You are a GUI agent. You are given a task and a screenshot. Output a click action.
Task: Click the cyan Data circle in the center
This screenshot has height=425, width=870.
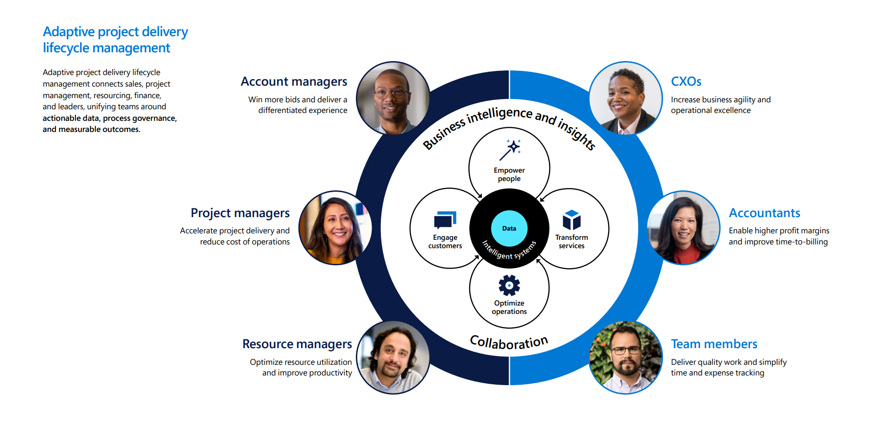(x=509, y=228)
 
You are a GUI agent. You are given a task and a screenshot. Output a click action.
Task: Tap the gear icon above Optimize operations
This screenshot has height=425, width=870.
(x=509, y=285)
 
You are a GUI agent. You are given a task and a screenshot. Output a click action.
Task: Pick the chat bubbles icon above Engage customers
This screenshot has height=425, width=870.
(x=445, y=220)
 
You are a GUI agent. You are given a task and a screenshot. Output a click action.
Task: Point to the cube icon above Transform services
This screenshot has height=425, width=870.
(x=572, y=220)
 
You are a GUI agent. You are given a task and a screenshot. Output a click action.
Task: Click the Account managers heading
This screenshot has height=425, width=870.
(x=294, y=82)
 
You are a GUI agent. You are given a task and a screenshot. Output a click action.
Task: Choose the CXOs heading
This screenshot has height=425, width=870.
(x=686, y=82)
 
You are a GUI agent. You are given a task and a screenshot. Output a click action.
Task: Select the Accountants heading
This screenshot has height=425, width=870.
(x=764, y=213)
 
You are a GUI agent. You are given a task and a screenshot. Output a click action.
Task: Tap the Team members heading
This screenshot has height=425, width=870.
(x=714, y=344)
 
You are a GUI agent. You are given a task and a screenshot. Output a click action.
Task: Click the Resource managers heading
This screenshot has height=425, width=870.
(x=297, y=344)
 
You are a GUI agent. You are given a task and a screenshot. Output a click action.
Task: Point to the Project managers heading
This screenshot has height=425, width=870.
(x=240, y=213)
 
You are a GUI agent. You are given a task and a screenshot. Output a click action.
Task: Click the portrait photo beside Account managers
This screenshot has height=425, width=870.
(x=393, y=98)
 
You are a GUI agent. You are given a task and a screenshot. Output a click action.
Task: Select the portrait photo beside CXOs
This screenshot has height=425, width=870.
(x=626, y=98)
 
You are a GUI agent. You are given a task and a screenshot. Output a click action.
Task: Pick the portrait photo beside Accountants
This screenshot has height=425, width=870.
(x=684, y=228)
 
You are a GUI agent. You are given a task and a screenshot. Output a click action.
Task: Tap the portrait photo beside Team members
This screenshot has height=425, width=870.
(x=626, y=357)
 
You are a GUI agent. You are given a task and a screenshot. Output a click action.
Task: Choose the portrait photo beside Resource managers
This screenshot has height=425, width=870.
(x=393, y=357)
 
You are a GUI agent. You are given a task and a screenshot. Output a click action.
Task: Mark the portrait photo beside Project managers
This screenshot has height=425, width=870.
(x=335, y=228)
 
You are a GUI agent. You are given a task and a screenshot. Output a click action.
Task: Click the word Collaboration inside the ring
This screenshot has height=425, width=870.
(x=509, y=342)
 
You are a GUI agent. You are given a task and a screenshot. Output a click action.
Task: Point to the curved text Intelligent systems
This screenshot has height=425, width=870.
(x=509, y=251)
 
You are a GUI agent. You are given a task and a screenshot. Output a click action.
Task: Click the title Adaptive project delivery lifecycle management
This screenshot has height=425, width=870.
(x=115, y=40)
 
